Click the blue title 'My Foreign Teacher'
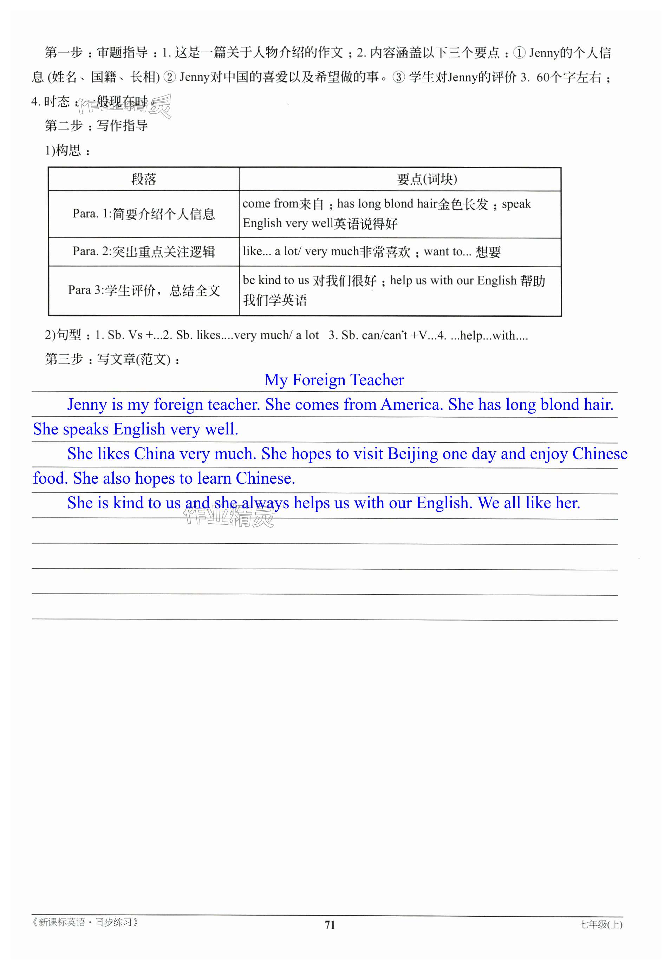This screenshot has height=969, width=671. coord(334,380)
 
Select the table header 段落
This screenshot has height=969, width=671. coord(144,179)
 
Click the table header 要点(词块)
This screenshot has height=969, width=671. coord(427,179)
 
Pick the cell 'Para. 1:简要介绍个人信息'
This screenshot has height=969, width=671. coord(144,214)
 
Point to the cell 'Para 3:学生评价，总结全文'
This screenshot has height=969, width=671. coord(144,290)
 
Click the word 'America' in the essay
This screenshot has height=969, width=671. coord(412,405)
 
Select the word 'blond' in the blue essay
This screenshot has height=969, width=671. coord(560,405)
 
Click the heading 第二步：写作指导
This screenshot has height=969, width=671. coord(96,126)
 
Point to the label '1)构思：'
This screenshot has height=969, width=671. coord(67,150)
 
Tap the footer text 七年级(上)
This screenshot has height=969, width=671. coord(601,924)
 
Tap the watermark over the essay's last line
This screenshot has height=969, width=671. coord(229,516)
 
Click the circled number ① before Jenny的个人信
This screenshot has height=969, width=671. coord(519,53)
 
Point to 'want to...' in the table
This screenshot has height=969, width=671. coord(447,252)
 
